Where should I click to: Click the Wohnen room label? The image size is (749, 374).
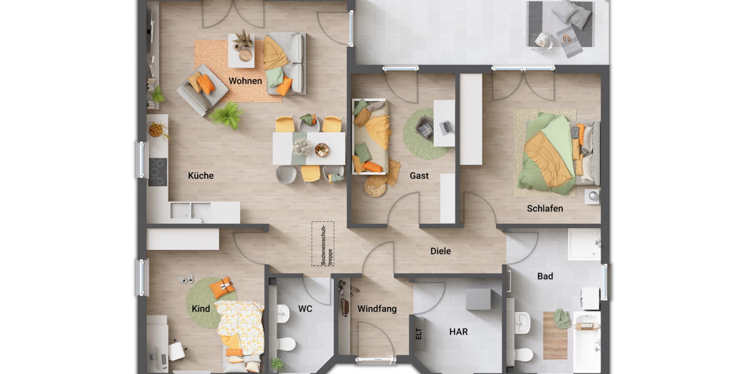click(x=245, y=81)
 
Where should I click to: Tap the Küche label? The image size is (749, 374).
click(x=200, y=176)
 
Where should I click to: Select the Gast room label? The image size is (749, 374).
click(x=419, y=176)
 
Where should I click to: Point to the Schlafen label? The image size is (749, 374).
click(x=544, y=208)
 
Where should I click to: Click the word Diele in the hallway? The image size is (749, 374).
click(x=440, y=251)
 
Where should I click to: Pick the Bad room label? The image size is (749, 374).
click(x=545, y=276)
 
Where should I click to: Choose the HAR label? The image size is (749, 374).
click(x=458, y=332)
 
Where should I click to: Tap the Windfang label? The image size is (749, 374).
click(x=376, y=309)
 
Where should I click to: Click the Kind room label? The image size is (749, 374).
click(x=200, y=309)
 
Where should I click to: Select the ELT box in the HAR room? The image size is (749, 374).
click(x=418, y=333)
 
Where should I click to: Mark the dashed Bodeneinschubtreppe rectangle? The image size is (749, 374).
click(x=323, y=244)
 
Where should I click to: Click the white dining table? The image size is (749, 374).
click(x=308, y=148)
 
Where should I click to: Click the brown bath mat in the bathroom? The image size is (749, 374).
click(x=555, y=337)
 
